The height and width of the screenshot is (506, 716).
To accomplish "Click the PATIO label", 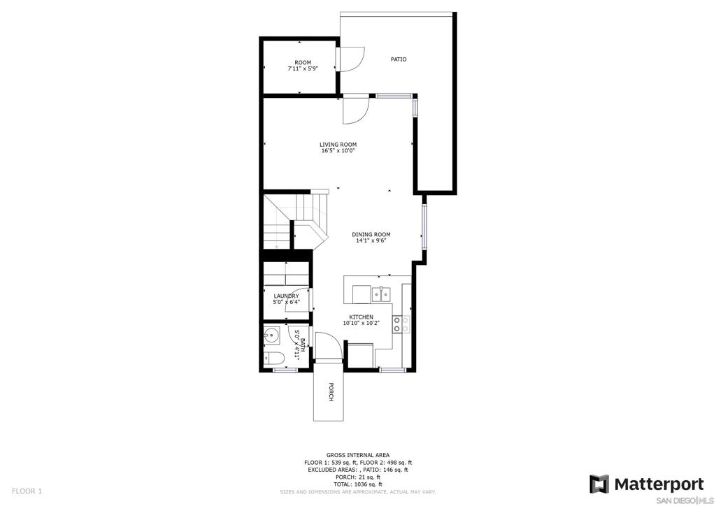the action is [x=398, y=59].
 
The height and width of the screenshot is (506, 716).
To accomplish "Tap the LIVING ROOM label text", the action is [x=338, y=145].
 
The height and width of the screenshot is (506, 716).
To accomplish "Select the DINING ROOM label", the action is [x=371, y=235].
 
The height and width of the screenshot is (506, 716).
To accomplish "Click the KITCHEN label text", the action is [x=361, y=317].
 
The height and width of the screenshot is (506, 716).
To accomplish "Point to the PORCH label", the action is [x=331, y=392].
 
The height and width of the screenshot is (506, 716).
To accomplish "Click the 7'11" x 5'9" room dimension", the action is [x=302, y=68].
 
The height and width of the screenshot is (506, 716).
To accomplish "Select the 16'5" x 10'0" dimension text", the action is [x=338, y=150].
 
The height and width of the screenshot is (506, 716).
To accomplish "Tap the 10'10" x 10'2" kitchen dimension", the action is [x=361, y=323].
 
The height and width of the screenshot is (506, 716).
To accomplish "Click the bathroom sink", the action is [x=271, y=335].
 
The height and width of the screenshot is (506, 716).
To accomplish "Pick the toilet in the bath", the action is [x=274, y=358].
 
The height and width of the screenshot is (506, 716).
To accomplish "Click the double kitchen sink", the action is [x=381, y=295].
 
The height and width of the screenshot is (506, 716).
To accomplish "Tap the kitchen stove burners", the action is [x=397, y=324].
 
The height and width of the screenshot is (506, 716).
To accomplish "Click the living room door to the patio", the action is [x=356, y=110].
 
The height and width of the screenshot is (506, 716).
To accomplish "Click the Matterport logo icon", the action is [x=599, y=484].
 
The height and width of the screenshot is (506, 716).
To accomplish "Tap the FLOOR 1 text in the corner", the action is [x=27, y=491].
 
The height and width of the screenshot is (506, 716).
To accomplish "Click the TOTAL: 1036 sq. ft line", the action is [x=357, y=484].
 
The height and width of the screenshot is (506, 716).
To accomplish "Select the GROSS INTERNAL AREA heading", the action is [x=357, y=455].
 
